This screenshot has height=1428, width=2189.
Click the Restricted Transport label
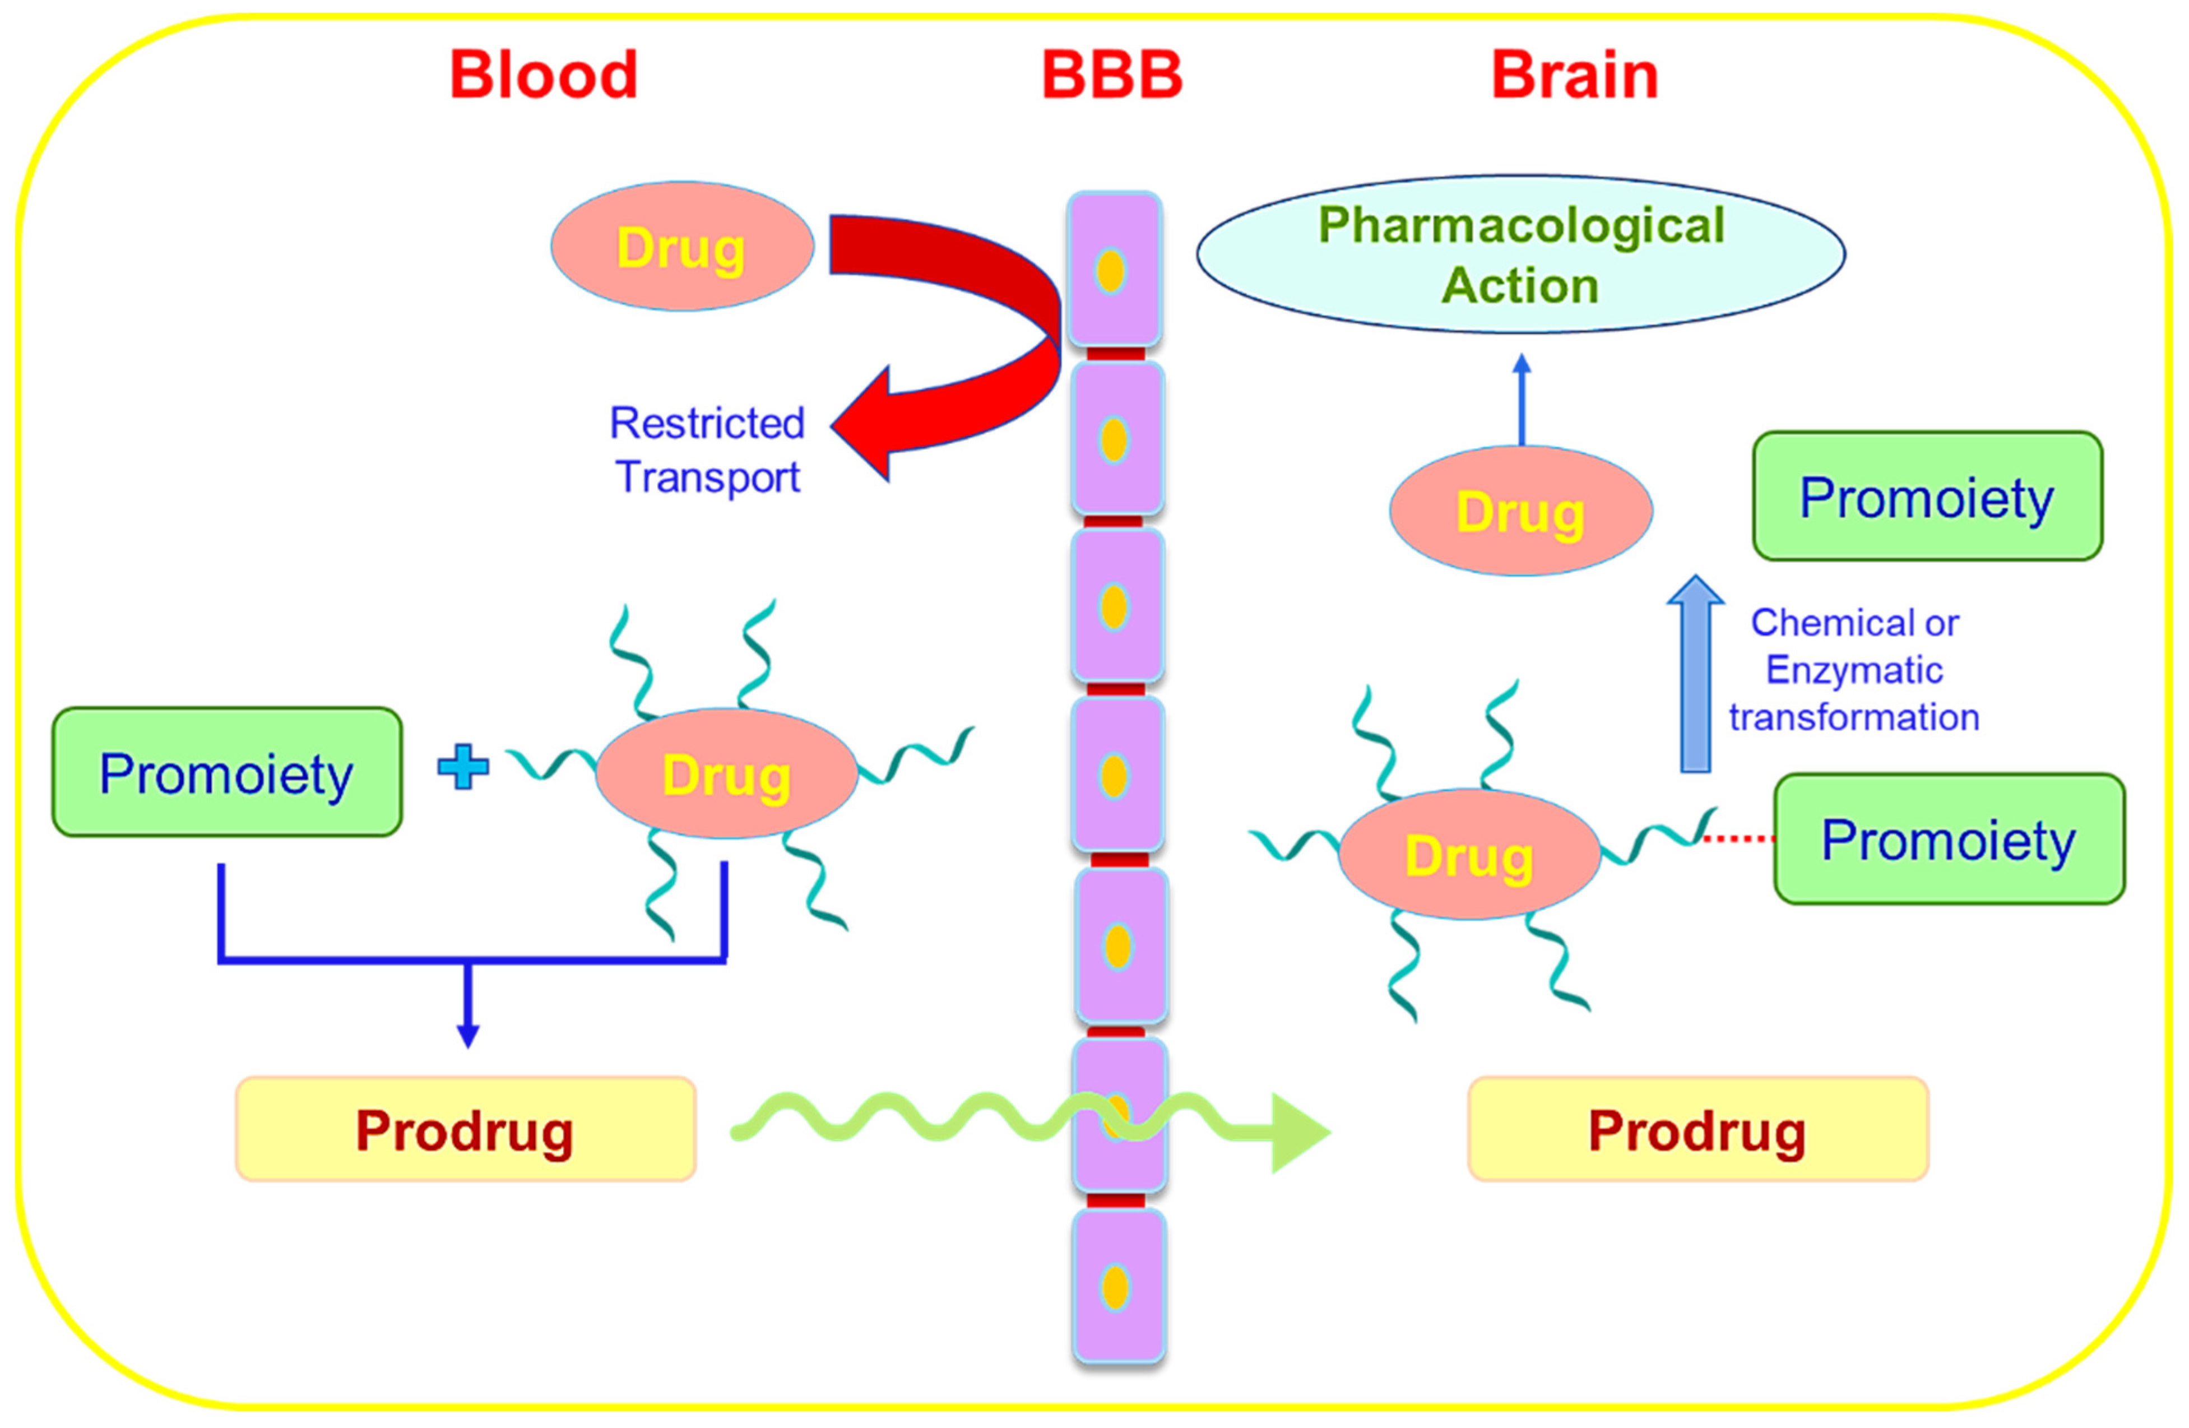706,451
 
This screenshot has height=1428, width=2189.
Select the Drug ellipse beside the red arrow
681,247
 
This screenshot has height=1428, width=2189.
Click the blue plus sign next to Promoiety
463,766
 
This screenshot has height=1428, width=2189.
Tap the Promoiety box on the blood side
226,772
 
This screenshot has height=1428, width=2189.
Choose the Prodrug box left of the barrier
465,1129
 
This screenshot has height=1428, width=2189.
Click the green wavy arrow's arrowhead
1298,1133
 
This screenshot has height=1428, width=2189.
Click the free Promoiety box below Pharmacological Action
1926,497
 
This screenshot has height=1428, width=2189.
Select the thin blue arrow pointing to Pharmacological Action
1522,402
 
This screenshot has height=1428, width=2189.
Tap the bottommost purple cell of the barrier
1117,1286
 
